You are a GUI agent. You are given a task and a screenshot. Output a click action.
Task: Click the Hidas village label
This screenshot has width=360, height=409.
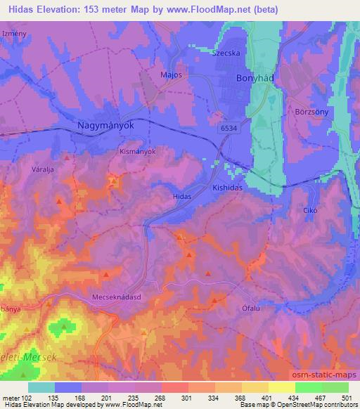tap(182, 198)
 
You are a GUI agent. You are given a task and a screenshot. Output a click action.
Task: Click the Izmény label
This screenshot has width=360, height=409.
tap(14, 34)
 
